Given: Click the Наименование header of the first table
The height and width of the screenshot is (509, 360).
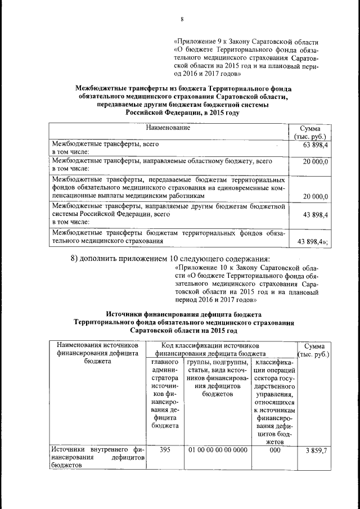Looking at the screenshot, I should [x=168, y=128].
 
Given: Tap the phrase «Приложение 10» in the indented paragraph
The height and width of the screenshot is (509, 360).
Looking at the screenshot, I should [x=201, y=268].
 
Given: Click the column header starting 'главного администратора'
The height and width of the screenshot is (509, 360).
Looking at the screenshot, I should [x=165, y=394].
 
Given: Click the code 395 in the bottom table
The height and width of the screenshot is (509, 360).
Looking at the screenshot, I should [x=165, y=450].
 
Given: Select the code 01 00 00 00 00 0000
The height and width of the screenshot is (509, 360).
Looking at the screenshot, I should [x=217, y=450].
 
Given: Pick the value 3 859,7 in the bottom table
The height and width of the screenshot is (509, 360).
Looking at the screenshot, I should [x=316, y=451].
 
